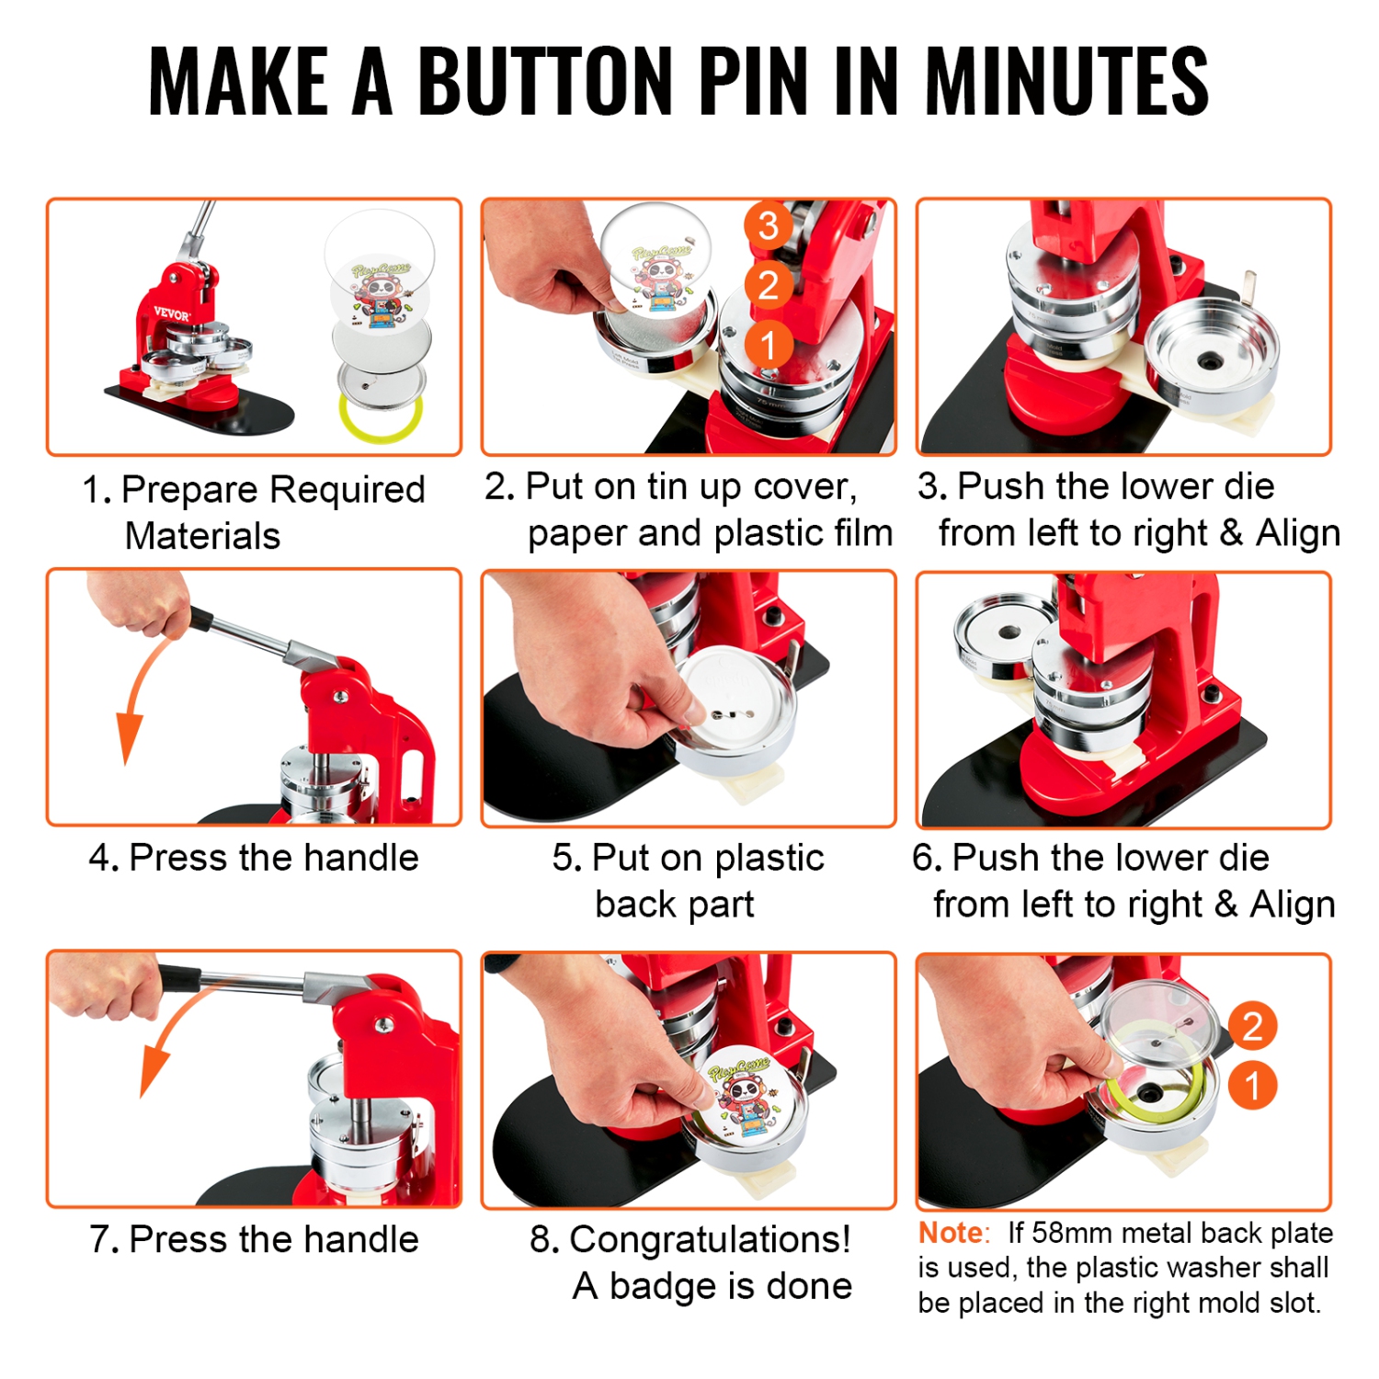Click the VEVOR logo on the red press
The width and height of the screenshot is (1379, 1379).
pyautogui.click(x=171, y=313)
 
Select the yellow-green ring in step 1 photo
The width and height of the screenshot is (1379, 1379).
pyautogui.click(x=381, y=419)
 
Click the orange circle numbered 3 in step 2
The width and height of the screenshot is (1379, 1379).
pyautogui.click(x=769, y=225)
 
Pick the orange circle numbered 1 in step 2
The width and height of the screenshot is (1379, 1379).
pyautogui.click(x=769, y=346)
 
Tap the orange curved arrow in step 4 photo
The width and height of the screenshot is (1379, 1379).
pyautogui.click(x=138, y=699)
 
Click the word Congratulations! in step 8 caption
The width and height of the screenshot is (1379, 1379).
pyautogui.click(x=710, y=1239)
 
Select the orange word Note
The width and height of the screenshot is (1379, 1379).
pyautogui.click(x=952, y=1233)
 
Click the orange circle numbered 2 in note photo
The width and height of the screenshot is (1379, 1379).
pyautogui.click(x=1252, y=1026)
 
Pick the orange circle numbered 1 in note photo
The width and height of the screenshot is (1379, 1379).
pyautogui.click(x=1252, y=1086)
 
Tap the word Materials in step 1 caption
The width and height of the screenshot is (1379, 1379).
pyautogui.click(x=202, y=536)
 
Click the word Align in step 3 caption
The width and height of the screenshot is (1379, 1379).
pyautogui.click(x=1297, y=533)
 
